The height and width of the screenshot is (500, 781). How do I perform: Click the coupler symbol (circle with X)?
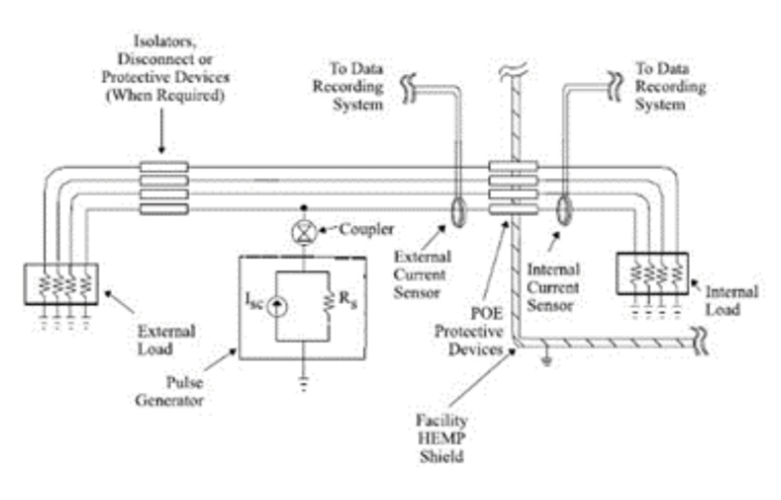tap(303, 231)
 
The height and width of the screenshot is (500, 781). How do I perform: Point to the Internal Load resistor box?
tap(651, 273)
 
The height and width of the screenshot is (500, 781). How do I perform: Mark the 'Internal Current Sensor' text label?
tap(552, 287)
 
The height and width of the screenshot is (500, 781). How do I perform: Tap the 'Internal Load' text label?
tap(731, 300)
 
